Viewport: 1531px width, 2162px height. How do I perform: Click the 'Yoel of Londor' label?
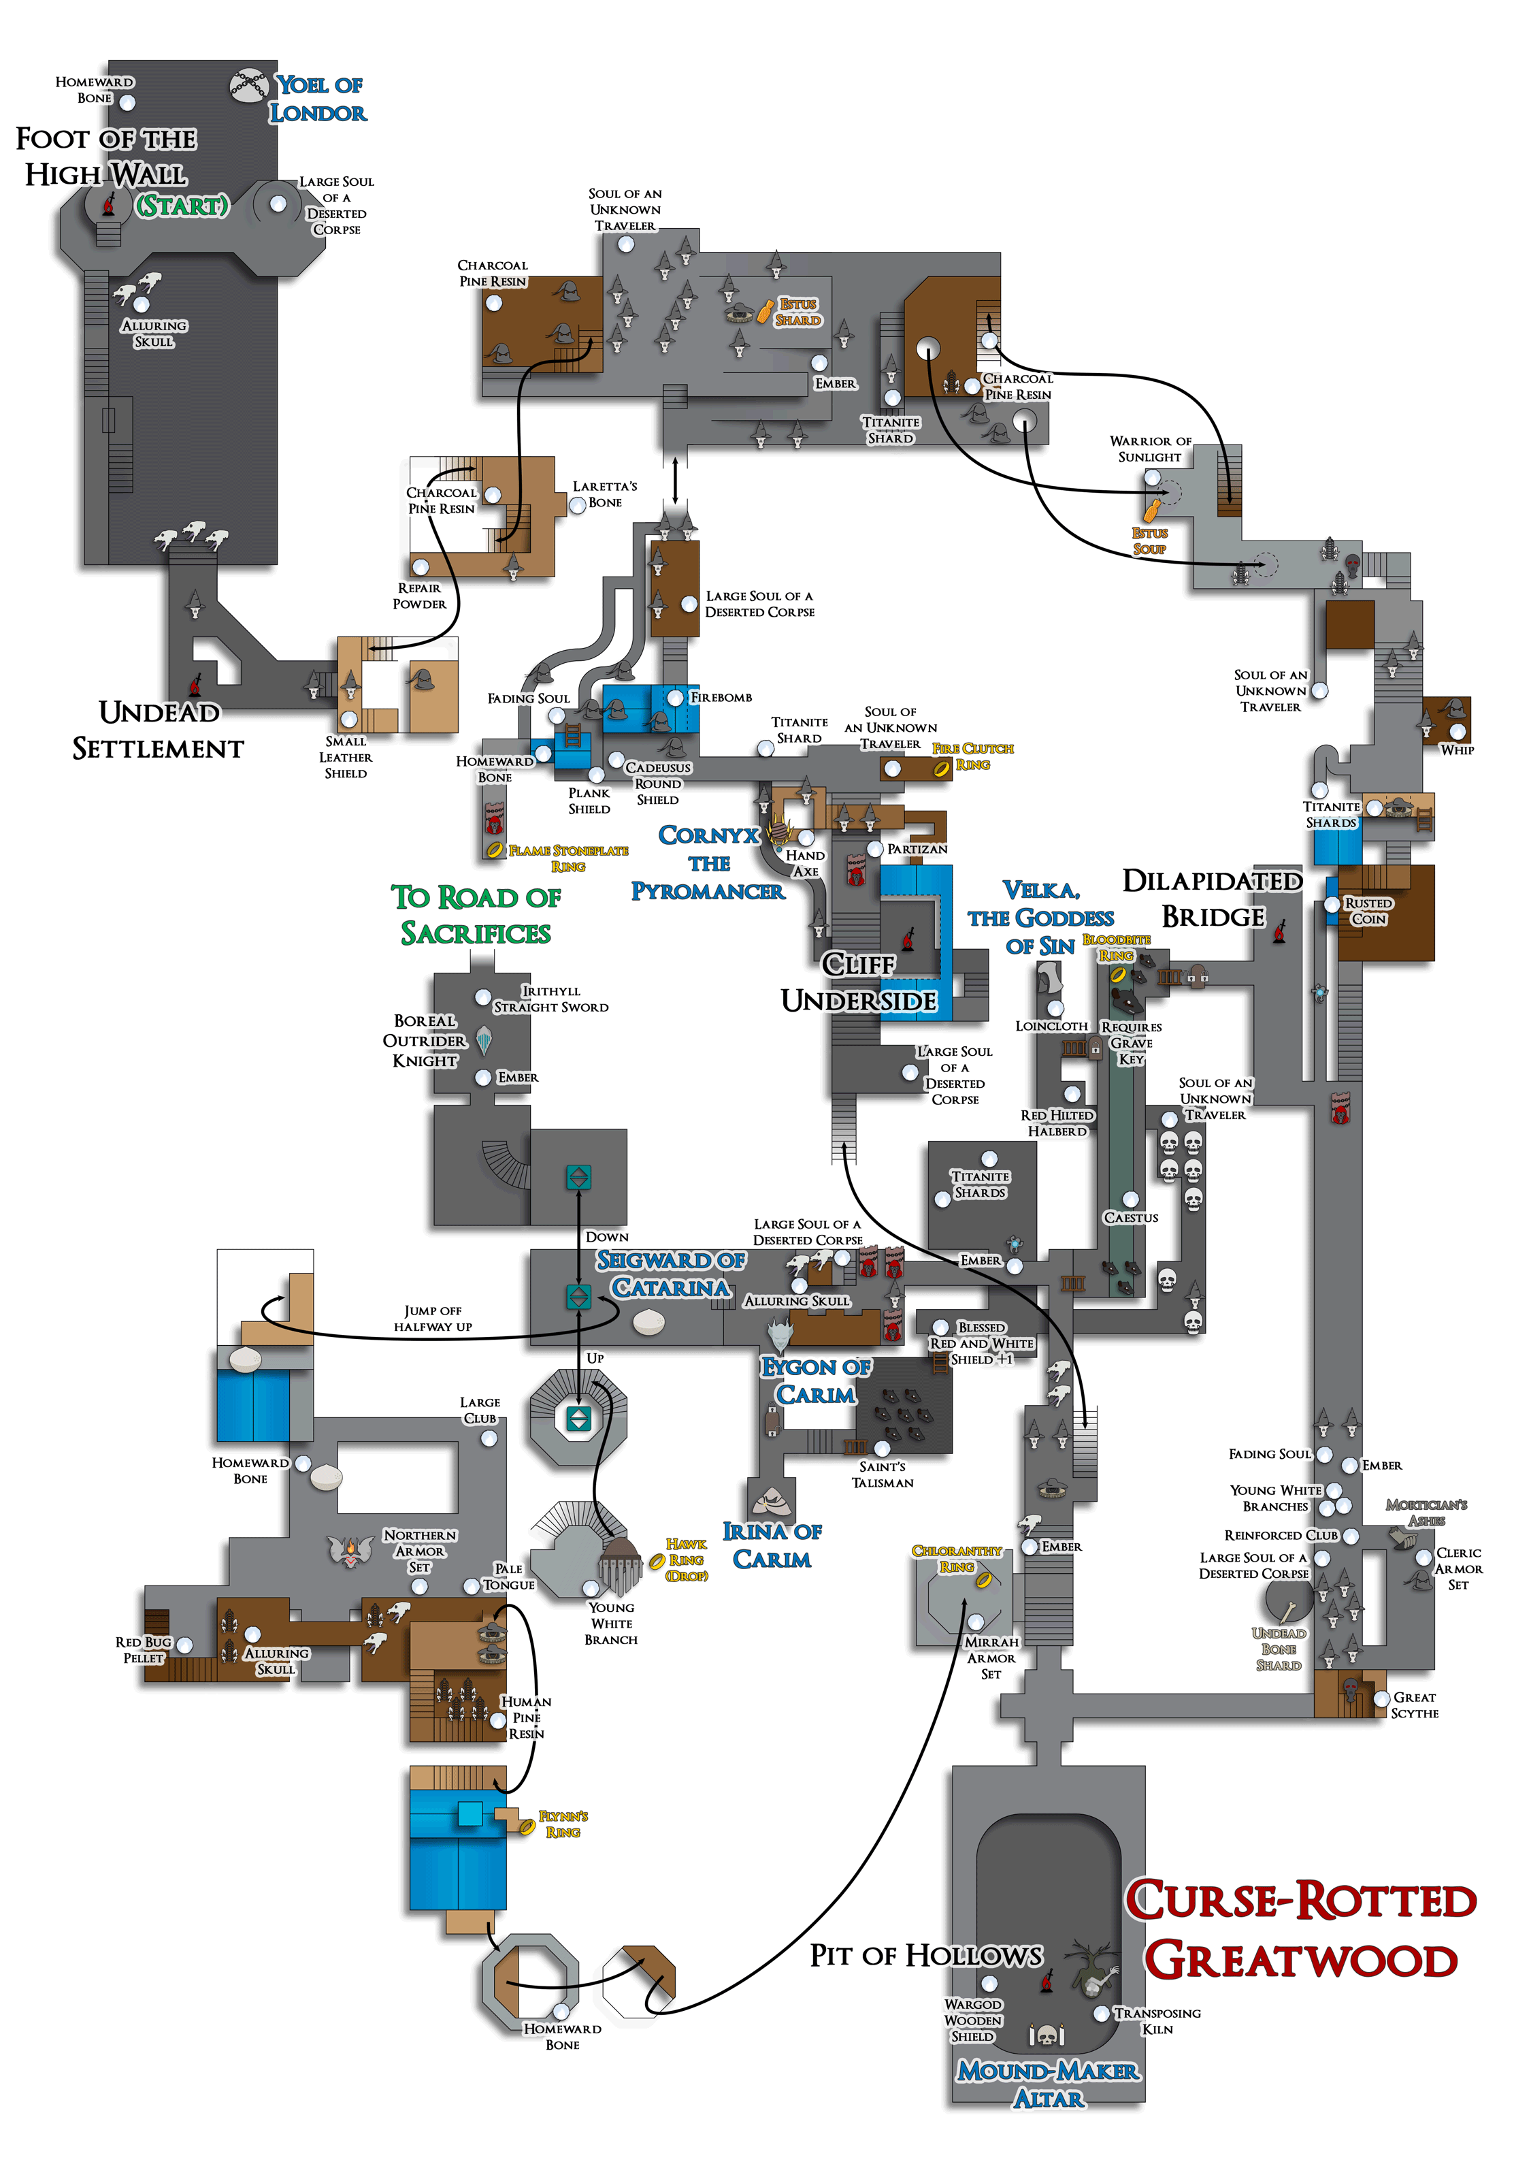click(318, 99)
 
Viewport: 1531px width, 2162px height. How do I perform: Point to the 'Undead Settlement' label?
click(159, 730)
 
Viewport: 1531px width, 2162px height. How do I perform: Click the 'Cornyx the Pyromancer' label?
click(708, 862)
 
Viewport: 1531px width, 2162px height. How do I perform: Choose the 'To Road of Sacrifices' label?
click(476, 915)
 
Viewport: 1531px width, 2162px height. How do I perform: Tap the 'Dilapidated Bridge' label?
click(1213, 899)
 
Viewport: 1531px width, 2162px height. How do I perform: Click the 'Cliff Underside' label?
click(859, 982)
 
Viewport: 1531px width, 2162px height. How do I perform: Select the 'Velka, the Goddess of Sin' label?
click(1041, 918)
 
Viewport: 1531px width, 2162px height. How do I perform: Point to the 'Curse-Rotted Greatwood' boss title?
click(1301, 1931)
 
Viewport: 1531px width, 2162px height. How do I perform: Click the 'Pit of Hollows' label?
click(926, 1956)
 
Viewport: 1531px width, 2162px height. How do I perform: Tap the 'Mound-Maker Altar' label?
click(1049, 2084)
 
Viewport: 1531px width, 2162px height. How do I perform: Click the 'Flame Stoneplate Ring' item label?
click(567, 858)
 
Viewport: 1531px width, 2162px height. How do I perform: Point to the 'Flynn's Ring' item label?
click(563, 1824)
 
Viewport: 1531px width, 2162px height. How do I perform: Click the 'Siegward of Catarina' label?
click(670, 1274)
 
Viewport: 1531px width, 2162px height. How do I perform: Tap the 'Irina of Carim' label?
click(772, 1545)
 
